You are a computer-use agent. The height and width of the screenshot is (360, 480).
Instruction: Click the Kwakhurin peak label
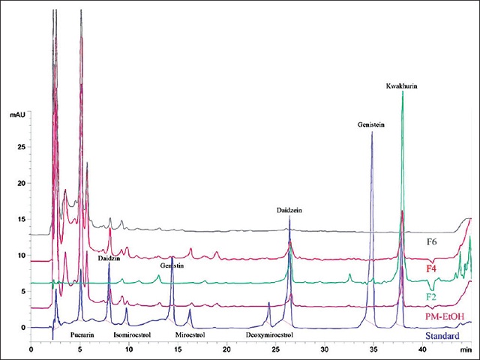tap(402, 86)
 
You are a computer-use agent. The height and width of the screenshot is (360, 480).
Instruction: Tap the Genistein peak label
tap(371, 125)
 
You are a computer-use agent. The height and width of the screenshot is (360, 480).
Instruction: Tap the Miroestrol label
tap(187, 334)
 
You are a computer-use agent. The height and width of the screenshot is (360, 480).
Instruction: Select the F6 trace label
tap(432, 241)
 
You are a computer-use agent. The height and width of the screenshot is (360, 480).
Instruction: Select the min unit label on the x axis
tap(466, 349)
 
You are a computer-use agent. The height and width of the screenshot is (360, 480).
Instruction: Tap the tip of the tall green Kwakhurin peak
tap(403, 92)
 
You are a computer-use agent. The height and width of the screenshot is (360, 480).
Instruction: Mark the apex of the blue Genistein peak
tap(372, 132)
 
